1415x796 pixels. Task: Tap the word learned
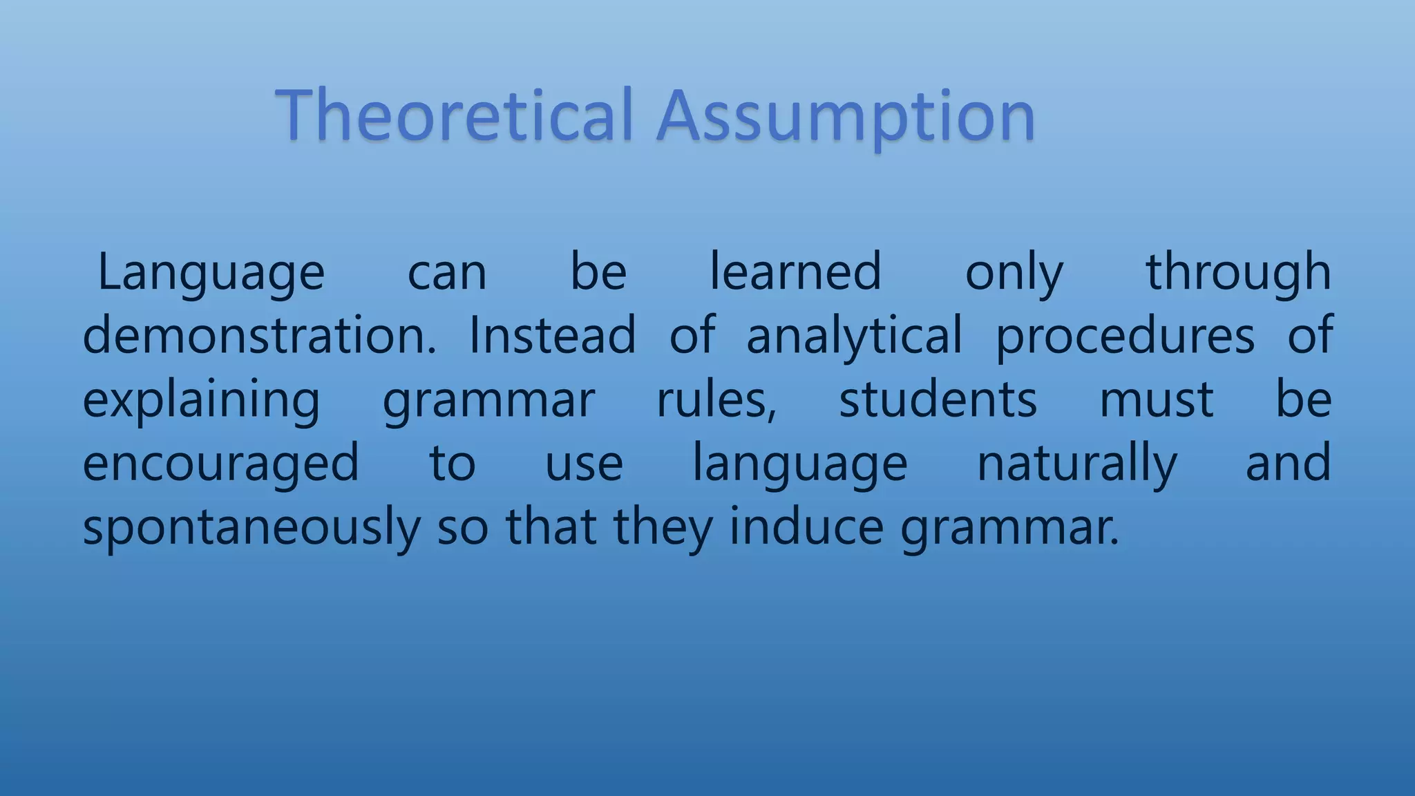(x=795, y=272)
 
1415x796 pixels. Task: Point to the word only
(x=1014, y=273)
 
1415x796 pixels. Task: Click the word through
(x=1238, y=273)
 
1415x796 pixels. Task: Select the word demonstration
(x=259, y=335)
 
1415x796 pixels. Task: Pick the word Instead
(x=552, y=335)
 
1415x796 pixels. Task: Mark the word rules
(x=716, y=399)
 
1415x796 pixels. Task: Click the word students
(x=938, y=399)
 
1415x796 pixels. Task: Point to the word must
(x=1156, y=399)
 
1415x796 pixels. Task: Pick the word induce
(x=806, y=527)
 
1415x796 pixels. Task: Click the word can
(x=447, y=273)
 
